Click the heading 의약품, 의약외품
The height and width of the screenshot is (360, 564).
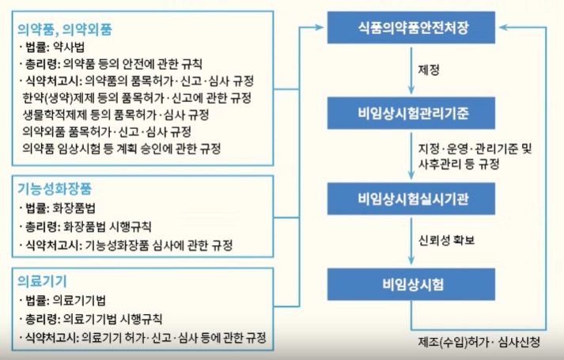point(65,30)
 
